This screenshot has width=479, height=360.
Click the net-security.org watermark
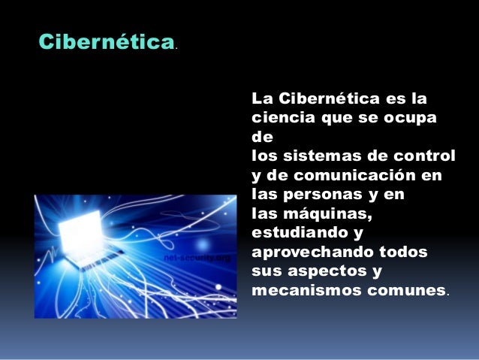pyautogui.click(x=197, y=258)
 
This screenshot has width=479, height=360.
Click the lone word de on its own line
pyautogui.click(x=260, y=137)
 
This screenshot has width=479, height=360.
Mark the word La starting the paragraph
pyautogui.click(x=261, y=98)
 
